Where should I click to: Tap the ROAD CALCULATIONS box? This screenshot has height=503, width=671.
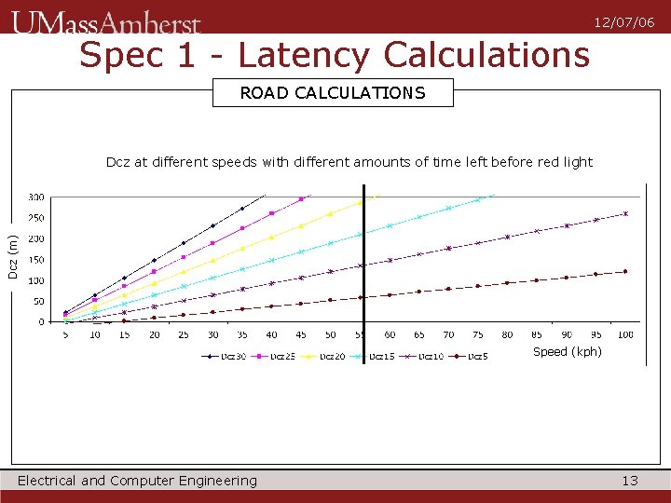333,93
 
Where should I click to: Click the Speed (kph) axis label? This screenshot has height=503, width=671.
567,352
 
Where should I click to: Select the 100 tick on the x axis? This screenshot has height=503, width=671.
625,335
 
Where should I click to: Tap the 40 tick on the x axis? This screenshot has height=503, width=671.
271,335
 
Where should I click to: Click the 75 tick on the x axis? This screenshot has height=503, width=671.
477,335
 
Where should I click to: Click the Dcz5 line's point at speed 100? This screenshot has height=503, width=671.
625,271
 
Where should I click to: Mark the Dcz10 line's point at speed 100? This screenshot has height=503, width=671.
625,214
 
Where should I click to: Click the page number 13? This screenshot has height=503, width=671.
630,481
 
